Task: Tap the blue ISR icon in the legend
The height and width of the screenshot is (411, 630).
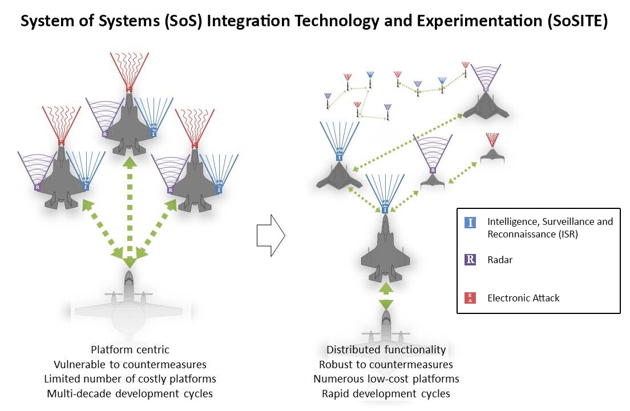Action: pyautogui.click(x=470, y=223)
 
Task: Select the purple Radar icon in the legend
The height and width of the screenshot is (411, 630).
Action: pyautogui.click(x=470, y=260)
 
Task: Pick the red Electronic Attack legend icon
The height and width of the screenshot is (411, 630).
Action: pyautogui.click(x=470, y=297)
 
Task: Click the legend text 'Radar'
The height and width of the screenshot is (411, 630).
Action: pyautogui.click(x=500, y=260)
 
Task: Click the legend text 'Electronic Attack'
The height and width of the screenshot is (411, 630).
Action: pyautogui.click(x=523, y=298)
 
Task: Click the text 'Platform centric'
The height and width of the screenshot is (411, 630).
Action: pyautogui.click(x=130, y=349)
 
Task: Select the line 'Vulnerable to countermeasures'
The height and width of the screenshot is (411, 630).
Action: pyautogui.click(x=130, y=364)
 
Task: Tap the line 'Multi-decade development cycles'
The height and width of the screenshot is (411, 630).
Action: pyautogui.click(x=130, y=393)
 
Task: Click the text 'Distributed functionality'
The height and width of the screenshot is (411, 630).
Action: pyautogui.click(x=386, y=349)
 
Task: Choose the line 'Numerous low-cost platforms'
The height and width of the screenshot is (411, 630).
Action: pyautogui.click(x=386, y=378)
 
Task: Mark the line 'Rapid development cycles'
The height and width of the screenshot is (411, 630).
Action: pyautogui.click(x=386, y=393)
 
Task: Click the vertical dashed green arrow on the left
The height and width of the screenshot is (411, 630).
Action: pyautogui.click(x=130, y=211)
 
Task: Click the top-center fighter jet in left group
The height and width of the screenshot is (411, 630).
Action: pyautogui.click(x=130, y=123)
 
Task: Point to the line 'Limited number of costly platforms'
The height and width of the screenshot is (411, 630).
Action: pyautogui.click(x=130, y=378)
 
